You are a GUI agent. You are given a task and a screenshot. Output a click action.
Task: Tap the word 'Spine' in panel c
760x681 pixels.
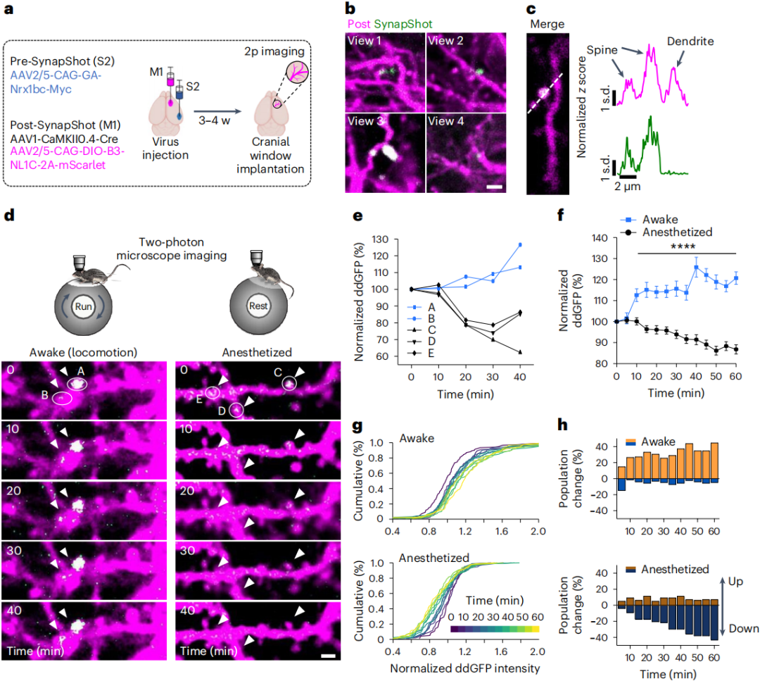[x=602, y=49]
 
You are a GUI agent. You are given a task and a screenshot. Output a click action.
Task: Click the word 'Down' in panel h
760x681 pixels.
[x=742, y=628]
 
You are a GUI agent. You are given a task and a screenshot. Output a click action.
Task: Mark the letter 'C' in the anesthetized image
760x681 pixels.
[x=279, y=372]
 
